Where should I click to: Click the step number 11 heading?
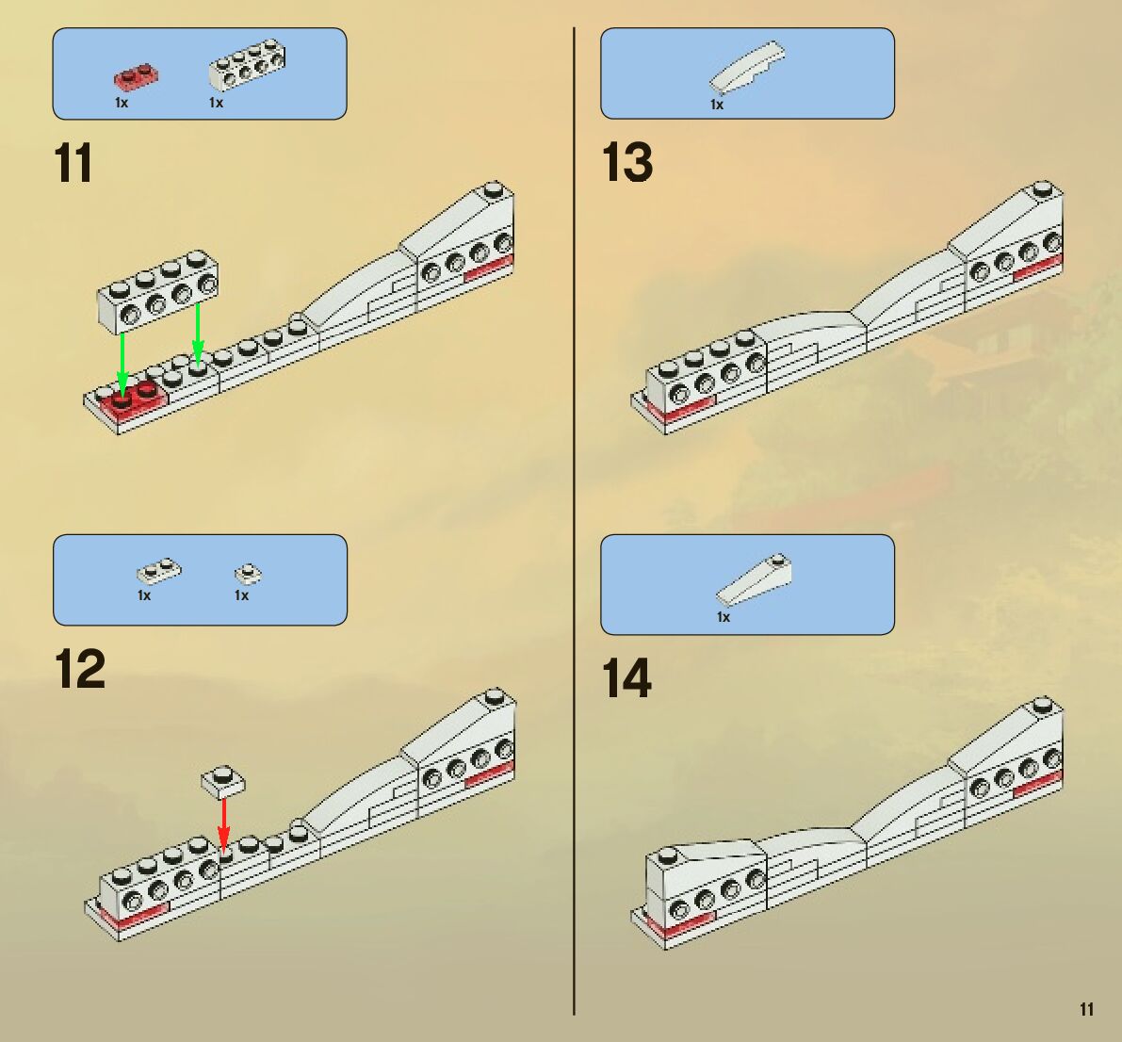coord(73,163)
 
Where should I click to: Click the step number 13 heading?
coord(626,162)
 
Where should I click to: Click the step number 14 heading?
coord(626,677)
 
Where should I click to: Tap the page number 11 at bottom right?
coord(1086,1009)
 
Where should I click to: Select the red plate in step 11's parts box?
coord(136,77)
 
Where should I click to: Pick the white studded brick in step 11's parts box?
coord(247,65)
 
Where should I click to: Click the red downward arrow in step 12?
coord(224,824)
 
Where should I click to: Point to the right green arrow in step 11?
coord(198,331)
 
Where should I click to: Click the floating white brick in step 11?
coord(158,291)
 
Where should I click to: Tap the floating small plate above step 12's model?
coord(223,782)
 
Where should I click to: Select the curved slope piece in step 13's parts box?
coord(747,66)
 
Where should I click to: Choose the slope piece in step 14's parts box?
coord(755,579)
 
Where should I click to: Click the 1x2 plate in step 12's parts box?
coord(159,570)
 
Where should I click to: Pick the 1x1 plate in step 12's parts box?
coord(249,573)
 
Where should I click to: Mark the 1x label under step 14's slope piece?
coord(724,617)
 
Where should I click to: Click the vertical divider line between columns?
coord(574,521)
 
